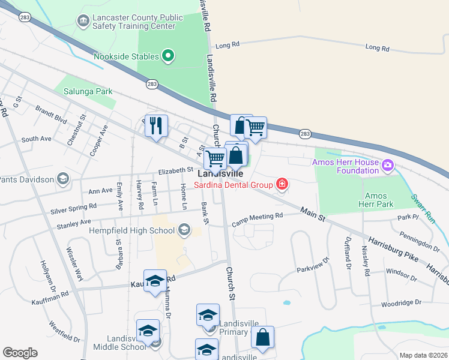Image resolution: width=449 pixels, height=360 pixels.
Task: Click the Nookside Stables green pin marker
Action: pos(168,57)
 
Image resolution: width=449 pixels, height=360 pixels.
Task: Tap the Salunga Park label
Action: pos(84,93)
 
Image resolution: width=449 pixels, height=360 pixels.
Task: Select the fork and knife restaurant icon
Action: pos(156,126)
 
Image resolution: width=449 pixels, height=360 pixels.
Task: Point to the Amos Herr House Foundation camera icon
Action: pos(388,164)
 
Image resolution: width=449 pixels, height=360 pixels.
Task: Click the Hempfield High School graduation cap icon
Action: pos(184,229)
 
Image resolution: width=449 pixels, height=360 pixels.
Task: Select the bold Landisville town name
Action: pos(220,173)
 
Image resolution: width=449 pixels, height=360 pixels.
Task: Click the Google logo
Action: pos(20,353)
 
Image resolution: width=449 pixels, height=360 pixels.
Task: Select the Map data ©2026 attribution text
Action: pos(423,355)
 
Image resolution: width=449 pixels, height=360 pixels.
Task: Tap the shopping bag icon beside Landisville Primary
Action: pos(262,338)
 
